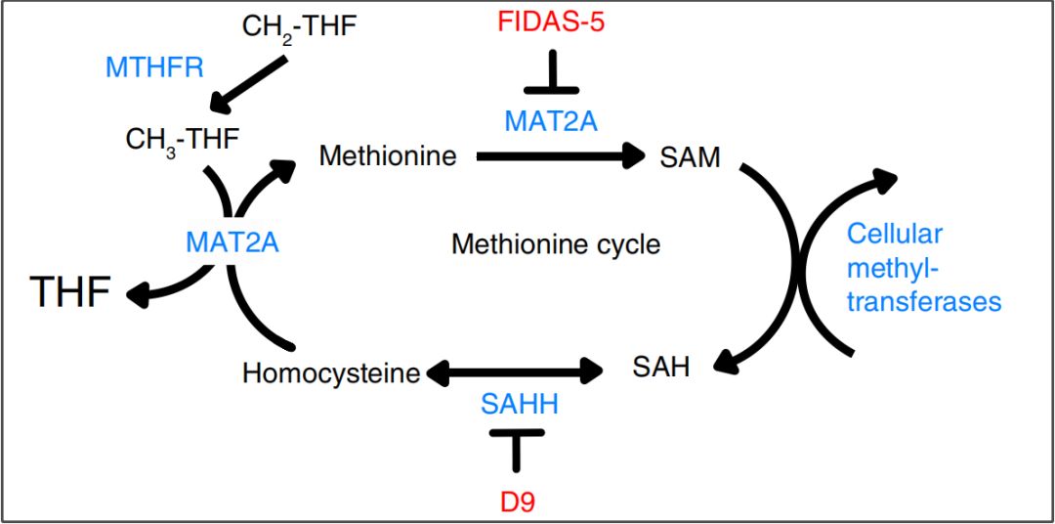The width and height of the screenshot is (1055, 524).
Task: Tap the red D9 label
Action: pos(514,502)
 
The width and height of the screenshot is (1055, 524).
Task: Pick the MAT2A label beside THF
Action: pos(232,241)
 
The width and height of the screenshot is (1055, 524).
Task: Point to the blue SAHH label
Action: pos(519,403)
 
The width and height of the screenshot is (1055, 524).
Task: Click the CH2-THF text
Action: pos(300,24)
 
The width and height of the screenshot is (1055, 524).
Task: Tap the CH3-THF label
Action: pos(182,140)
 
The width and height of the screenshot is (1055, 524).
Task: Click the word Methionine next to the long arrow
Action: pos(388,155)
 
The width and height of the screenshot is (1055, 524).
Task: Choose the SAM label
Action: pos(691,155)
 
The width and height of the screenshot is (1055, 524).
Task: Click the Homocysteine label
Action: pos(331,372)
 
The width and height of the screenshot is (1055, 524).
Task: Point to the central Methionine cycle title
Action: pos(555,242)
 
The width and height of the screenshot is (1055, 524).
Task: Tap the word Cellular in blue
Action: pos(894,234)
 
